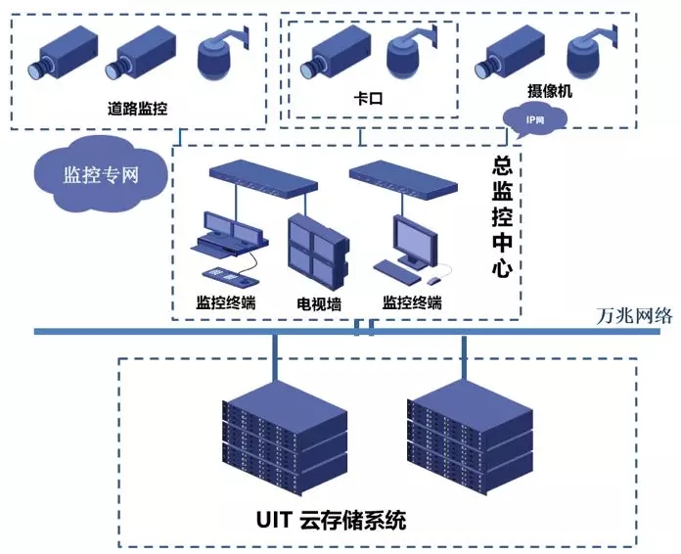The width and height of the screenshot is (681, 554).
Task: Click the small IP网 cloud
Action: tap(534, 119)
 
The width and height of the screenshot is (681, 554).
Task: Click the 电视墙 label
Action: tap(319, 304)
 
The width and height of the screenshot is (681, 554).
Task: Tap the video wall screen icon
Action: tap(316, 246)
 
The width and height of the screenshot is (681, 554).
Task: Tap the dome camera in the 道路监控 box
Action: tap(221, 58)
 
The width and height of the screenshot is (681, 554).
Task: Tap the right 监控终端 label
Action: tap(412, 302)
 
